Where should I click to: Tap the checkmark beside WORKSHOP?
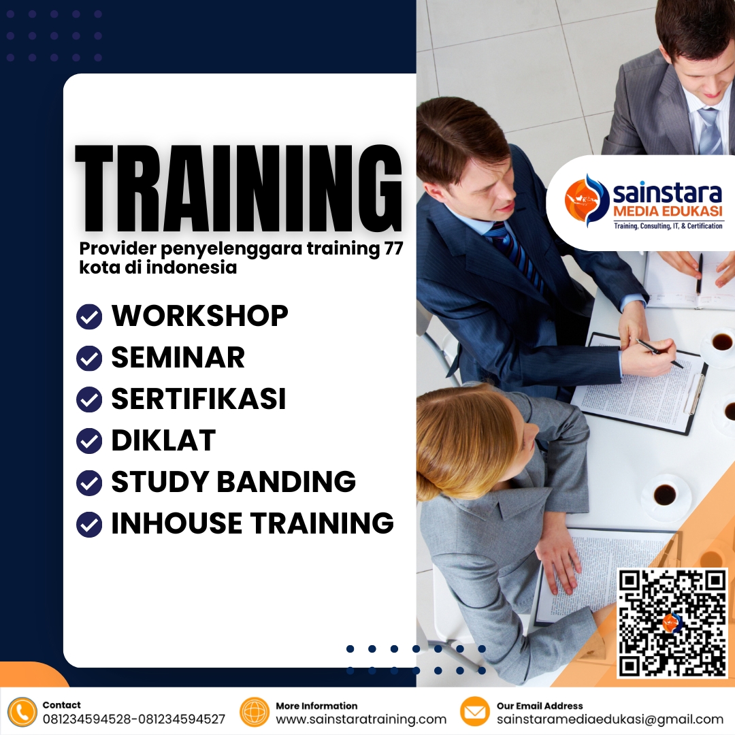pyautogui.click(x=89, y=316)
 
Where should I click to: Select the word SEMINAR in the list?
pyautogui.click(x=178, y=357)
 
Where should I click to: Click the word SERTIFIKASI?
pyautogui.click(x=198, y=399)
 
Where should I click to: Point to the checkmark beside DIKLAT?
pyautogui.click(x=89, y=441)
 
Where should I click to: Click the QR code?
pyautogui.click(x=672, y=623)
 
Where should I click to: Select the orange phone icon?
pyautogui.click(x=22, y=713)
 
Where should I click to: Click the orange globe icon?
pyautogui.click(x=255, y=713)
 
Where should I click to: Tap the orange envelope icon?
pyautogui.click(x=475, y=713)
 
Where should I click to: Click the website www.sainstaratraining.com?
pyautogui.click(x=361, y=719)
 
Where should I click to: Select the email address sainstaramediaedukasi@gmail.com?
pyautogui.click(x=610, y=719)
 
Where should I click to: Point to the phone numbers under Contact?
pyautogui.click(x=133, y=719)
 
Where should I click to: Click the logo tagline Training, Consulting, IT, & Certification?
pyautogui.click(x=668, y=225)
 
